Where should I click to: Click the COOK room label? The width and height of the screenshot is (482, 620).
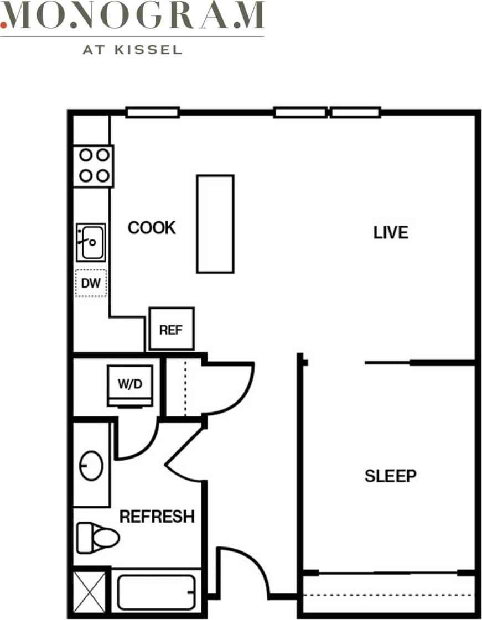pos(152,227)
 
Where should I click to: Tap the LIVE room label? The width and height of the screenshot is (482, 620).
pos(391,232)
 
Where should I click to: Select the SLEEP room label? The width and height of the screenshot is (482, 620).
pos(391,476)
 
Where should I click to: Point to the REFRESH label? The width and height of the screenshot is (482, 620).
pos(157,517)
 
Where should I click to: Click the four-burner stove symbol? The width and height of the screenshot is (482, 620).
pos(94,165)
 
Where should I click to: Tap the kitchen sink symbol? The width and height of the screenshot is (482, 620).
pos(91,242)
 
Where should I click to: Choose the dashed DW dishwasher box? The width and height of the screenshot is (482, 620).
pos(91,284)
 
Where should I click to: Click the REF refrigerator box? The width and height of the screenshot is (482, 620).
pos(172,329)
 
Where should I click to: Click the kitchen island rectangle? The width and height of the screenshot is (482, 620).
pos(215,223)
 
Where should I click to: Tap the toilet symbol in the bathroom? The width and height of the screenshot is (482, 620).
pos(97,538)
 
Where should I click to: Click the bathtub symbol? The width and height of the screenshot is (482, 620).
pos(156,593)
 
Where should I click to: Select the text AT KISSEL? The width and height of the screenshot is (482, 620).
pos(132,50)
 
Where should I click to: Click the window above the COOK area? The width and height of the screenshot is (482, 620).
pos(152,112)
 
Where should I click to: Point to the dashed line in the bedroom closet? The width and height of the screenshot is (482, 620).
pos(387,596)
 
